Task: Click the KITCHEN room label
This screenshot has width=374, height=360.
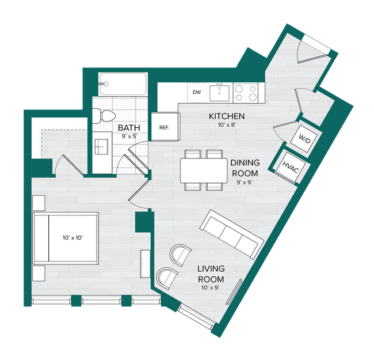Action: click(x=227, y=116)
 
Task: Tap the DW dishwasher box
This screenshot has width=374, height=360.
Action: click(x=196, y=92)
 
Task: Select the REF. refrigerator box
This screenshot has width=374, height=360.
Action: click(x=163, y=128)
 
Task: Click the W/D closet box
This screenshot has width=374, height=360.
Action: click(x=303, y=139)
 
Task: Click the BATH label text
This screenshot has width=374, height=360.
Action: click(x=129, y=127)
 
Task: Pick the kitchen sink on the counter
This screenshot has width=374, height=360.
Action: click(x=219, y=92)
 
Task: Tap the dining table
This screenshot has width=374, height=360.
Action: click(x=203, y=170)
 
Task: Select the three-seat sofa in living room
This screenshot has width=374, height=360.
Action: click(x=230, y=233)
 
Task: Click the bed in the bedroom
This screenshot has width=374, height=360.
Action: click(x=64, y=237)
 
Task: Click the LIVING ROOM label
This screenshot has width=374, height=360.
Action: click(x=211, y=274)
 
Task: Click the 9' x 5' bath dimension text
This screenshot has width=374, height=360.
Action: click(x=129, y=137)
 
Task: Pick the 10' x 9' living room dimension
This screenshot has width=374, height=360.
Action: click(x=211, y=287)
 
